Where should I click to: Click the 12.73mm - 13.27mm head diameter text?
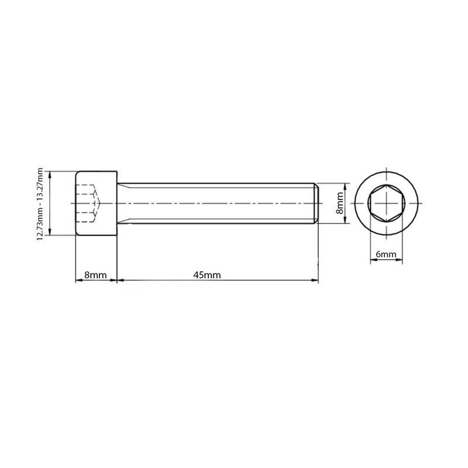coord(40,203)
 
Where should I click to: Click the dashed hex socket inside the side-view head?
coord(87,203)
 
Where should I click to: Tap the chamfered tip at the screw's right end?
coord(316,203)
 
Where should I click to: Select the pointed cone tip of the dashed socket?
coord(99,203)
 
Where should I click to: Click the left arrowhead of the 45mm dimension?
coord(121,281)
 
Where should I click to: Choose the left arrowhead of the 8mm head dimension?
coord(79,281)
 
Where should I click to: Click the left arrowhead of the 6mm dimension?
coord(372,260)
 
